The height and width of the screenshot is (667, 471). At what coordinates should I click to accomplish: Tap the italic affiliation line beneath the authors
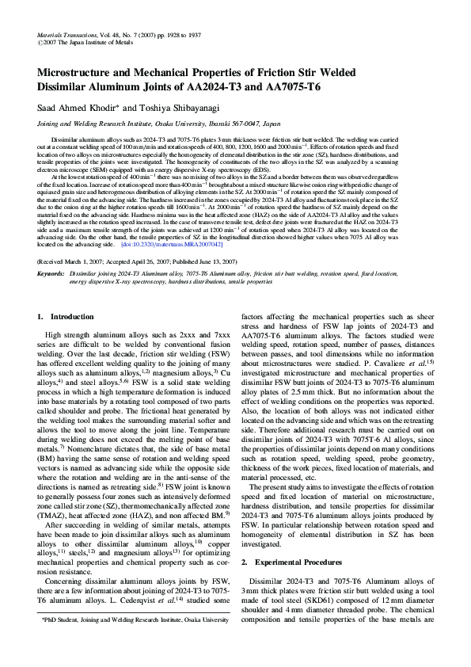click(158, 124)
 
